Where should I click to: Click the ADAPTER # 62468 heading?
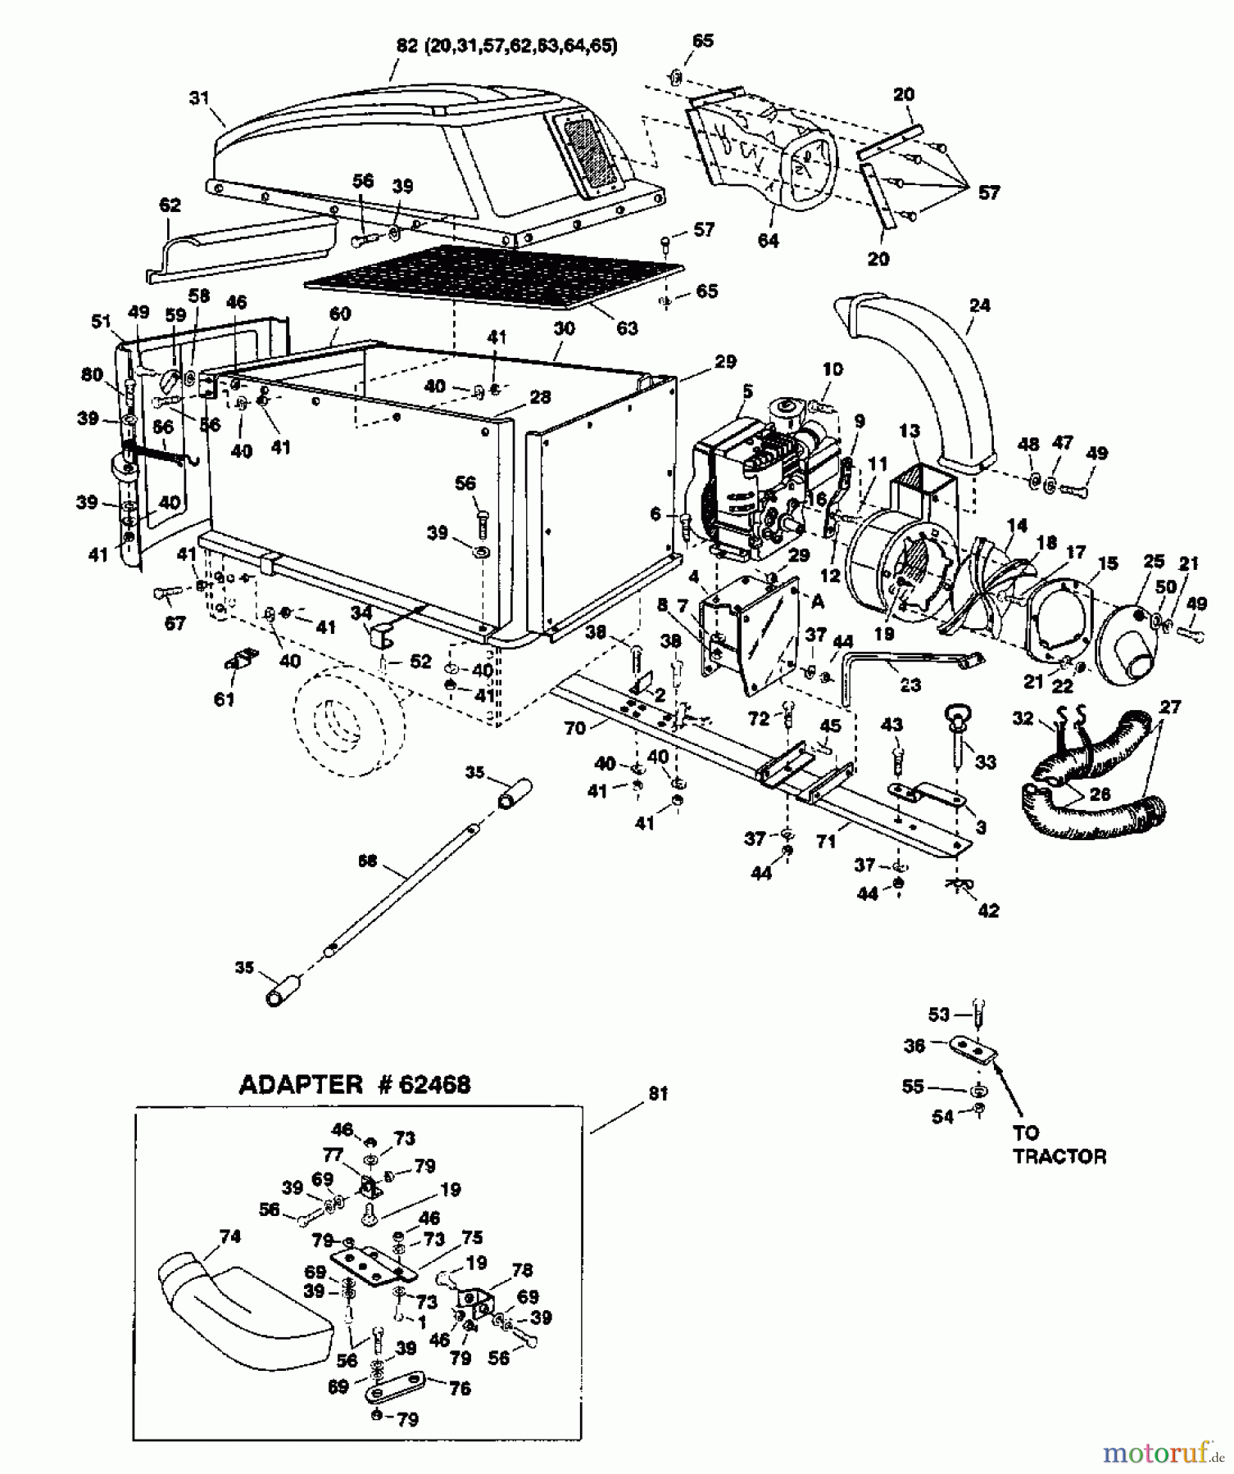pyautogui.click(x=354, y=1085)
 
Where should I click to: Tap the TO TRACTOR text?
pyautogui.click(x=1059, y=1145)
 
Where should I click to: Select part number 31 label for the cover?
pyautogui.click(x=199, y=98)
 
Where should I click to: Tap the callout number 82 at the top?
pyautogui.click(x=407, y=46)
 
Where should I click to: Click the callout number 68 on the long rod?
pyautogui.click(x=369, y=861)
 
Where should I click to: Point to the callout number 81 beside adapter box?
pyautogui.click(x=658, y=1093)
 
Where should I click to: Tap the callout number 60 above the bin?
pyautogui.click(x=340, y=314)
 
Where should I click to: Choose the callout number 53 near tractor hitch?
pyautogui.click(x=938, y=1015)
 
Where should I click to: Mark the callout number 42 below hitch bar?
pyautogui.click(x=988, y=910)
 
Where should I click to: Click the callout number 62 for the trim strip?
pyautogui.click(x=170, y=205)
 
